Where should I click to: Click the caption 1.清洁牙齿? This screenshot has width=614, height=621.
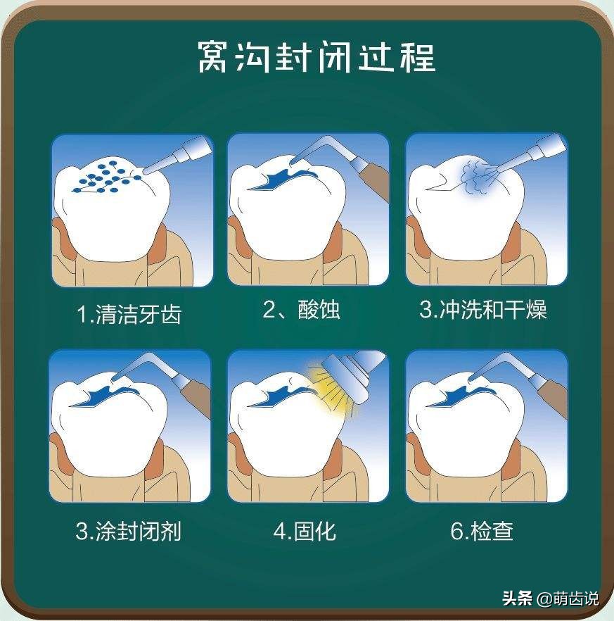[x=129, y=313]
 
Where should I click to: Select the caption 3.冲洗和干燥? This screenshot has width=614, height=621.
[x=483, y=310]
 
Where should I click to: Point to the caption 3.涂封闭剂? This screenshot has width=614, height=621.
[x=129, y=530]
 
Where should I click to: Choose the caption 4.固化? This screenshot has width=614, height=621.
[x=305, y=530]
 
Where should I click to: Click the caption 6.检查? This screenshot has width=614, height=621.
[x=482, y=530]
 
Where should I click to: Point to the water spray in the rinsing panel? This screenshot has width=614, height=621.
[x=478, y=173]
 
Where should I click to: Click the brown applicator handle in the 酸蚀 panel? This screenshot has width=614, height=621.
[x=372, y=180]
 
